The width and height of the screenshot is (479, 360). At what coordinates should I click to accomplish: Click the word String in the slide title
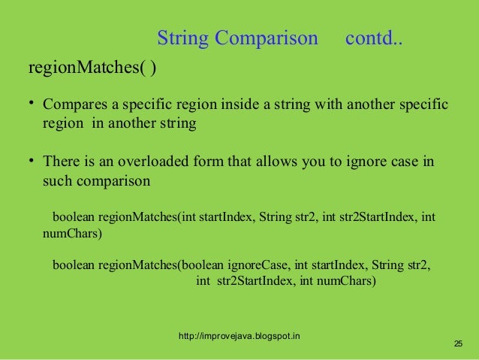183,38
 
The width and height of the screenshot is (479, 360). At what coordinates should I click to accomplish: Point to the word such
58,182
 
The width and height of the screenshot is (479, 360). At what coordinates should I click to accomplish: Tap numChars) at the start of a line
71,234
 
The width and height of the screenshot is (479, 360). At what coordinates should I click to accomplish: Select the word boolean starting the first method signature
74,218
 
